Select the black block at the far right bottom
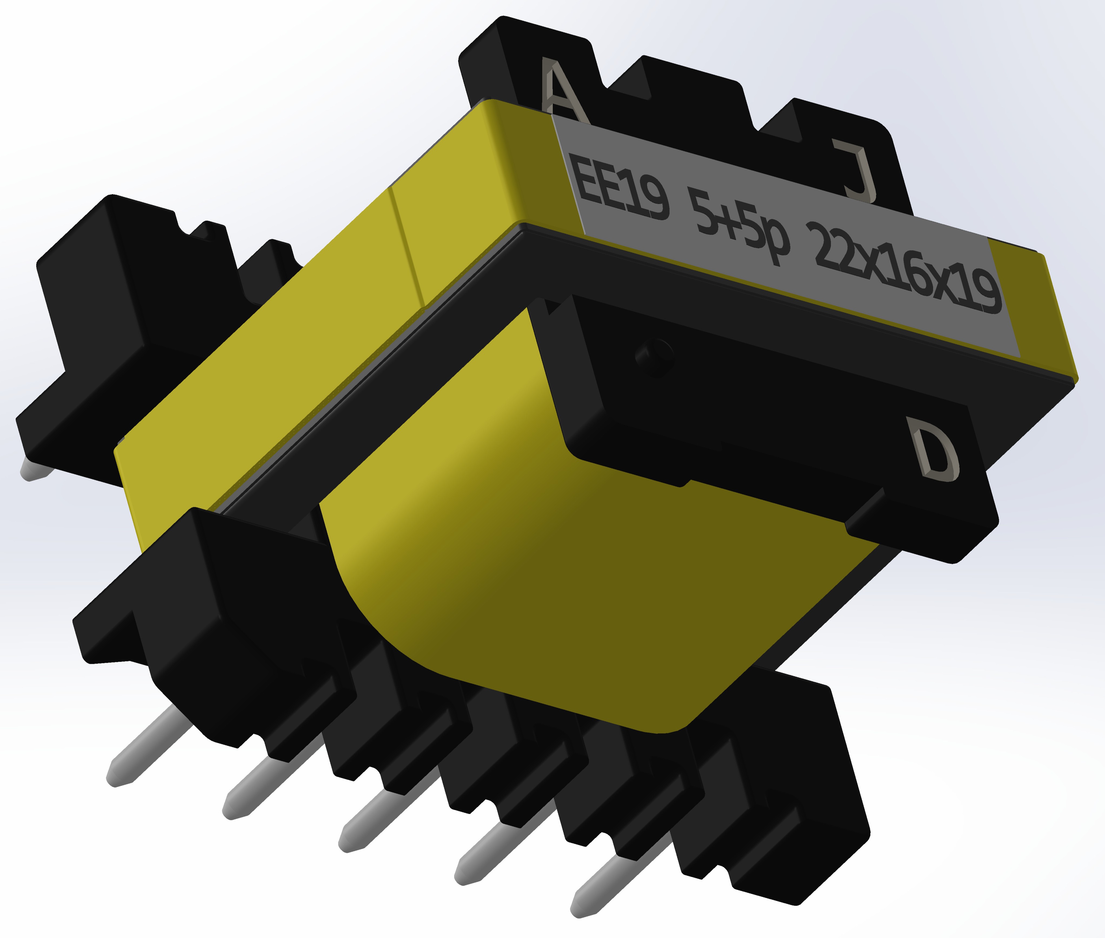[x=787, y=798]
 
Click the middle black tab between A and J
[x=686, y=101]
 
